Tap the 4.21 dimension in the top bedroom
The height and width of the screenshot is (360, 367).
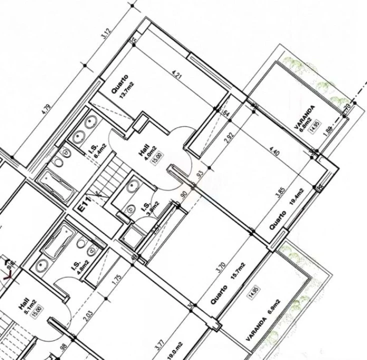coord(175,75)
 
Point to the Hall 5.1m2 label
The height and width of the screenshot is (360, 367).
coord(26,304)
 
